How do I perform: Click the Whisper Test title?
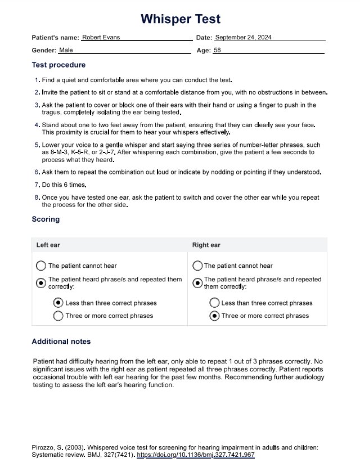(180, 19)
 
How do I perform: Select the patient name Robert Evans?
(101, 37)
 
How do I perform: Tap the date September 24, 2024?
(244, 37)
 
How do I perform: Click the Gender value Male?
(66, 50)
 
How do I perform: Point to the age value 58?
(218, 50)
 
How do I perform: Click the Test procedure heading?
(58, 65)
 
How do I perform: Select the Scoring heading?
(46, 219)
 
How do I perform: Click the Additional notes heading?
(61, 342)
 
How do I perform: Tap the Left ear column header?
(48, 245)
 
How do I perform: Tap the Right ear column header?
(206, 245)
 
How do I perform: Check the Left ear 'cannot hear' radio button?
(41, 266)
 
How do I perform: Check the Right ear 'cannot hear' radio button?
(197, 266)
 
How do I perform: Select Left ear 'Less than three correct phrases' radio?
(58, 303)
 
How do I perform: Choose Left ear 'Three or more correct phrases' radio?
(58, 316)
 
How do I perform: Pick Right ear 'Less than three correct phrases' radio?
(214, 303)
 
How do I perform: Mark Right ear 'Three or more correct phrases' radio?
(214, 316)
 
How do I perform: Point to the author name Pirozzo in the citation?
(44, 447)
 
